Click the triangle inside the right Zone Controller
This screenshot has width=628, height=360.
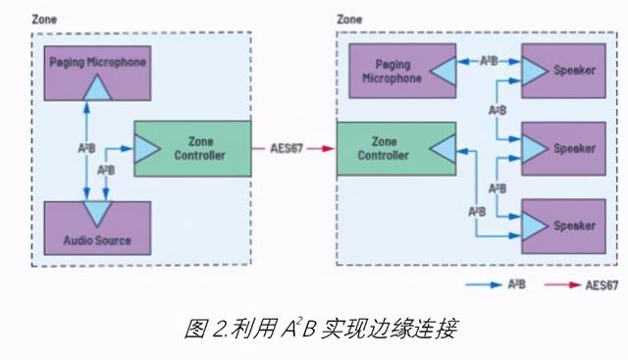[441, 150]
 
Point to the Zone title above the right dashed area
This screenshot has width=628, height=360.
[349, 19]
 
